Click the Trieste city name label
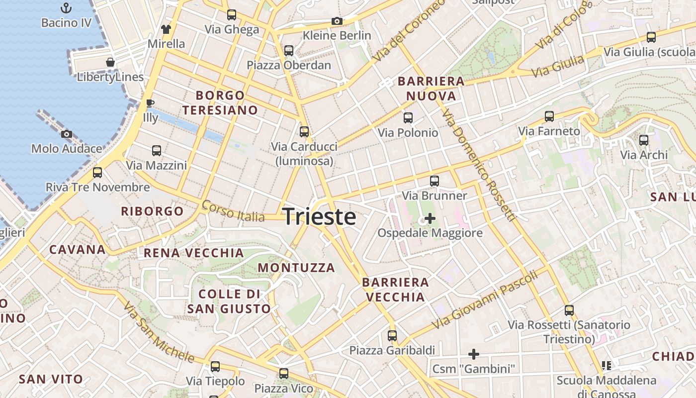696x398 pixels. [319, 217]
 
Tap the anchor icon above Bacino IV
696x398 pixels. [66, 8]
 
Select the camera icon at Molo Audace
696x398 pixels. [66, 134]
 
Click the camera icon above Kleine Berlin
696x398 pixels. [337, 21]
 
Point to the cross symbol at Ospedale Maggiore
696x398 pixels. [430, 218]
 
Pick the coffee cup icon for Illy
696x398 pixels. [150, 103]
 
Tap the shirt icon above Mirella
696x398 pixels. [166, 29]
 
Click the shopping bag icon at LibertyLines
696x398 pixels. [110, 62]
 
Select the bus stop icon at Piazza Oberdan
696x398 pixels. [289, 50]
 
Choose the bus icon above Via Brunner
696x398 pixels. [435, 181]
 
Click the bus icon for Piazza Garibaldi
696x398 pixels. [392, 336]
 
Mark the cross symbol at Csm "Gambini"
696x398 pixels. [474, 354]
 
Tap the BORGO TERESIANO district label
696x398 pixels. [220, 102]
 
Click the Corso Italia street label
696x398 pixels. [233, 211]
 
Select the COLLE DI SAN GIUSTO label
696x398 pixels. [229, 301]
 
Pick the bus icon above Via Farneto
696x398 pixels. [549, 116]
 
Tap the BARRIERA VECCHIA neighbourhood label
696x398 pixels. [395, 290]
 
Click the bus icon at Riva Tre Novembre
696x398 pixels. [97, 173]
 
